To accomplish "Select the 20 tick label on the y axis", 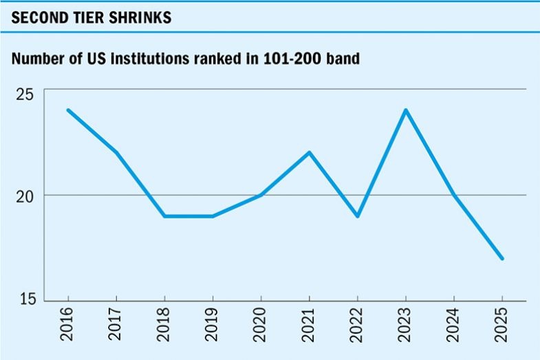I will tap(25, 195).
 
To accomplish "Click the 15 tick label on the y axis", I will tap(25, 301).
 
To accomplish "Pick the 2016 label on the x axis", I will tap(68, 328).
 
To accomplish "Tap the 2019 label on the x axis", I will tap(213, 328).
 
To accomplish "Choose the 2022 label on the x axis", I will tap(357, 328).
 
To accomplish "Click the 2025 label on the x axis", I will tap(501, 328).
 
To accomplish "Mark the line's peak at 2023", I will tap(405, 110).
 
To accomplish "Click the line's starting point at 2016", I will tap(68, 110).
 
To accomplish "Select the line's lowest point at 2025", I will tap(501, 258).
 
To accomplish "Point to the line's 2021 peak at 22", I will tap(309, 153).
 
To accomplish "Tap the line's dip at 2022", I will tap(357, 216).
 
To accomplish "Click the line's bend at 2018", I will tap(164, 216).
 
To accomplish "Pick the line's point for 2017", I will tap(116, 153).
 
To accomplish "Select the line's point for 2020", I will tap(261, 195).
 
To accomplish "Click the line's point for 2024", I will tap(453, 195).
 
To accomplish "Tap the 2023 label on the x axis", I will tap(405, 328).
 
